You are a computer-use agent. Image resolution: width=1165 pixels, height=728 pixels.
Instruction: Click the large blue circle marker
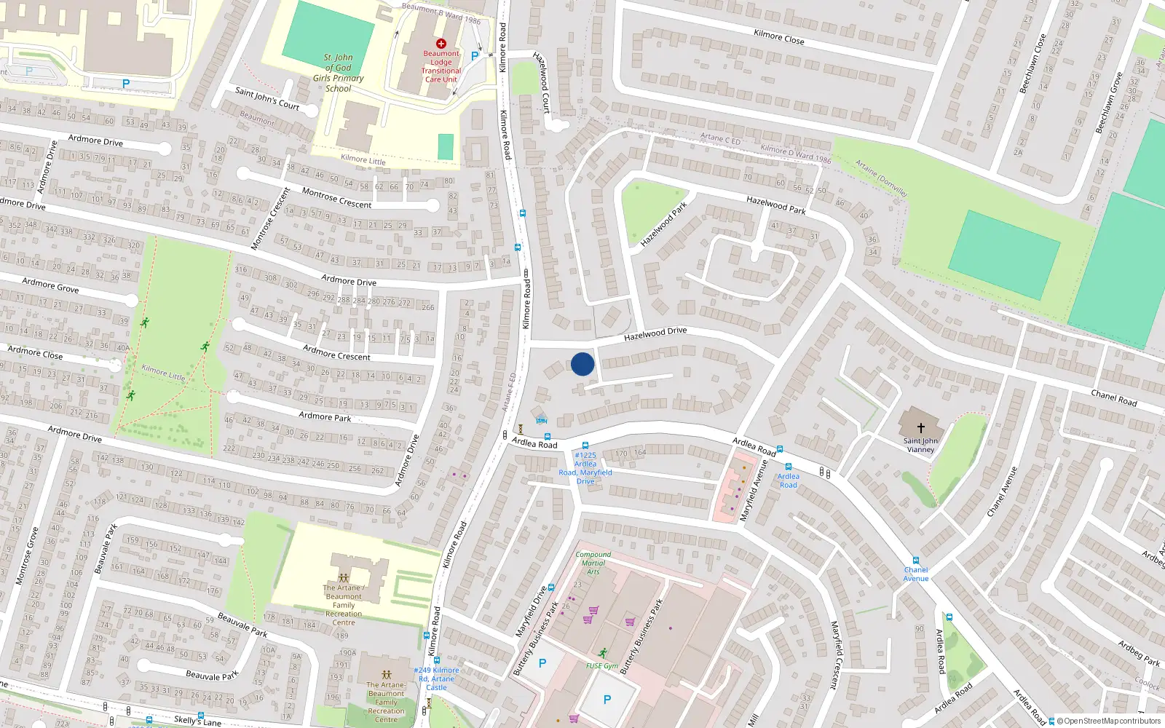click(x=582, y=364)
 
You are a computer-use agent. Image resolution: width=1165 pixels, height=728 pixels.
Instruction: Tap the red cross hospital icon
click(x=441, y=44)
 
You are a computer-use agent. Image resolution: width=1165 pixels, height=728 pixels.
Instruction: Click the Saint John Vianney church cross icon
click(x=920, y=428)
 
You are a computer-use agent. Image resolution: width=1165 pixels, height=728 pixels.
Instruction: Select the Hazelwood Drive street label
click(x=655, y=333)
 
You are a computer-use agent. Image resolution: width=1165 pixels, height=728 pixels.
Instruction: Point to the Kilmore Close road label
click(x=779, y=36)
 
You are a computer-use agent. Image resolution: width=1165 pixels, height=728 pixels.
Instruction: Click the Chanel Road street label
click(x=1113, y=397)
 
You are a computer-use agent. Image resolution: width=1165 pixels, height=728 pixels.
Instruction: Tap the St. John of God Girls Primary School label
click(x=339, y=73)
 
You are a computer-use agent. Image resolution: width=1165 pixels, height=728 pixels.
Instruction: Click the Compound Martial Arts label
click(x=593, y=563)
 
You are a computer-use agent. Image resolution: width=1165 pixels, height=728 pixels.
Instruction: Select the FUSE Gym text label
click(x=602, y=665)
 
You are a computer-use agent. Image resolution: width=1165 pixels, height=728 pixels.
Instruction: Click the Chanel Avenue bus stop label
click(x=916, y=574)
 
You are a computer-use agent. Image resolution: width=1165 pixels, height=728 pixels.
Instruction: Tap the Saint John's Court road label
click(x=267, y=98)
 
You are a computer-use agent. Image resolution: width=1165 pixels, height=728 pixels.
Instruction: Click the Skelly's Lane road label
click(x=197, y=721)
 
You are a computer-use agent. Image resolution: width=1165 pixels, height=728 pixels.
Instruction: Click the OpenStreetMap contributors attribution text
click(x=1112, y=721)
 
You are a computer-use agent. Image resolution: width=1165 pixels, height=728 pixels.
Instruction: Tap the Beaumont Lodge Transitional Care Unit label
click(x=441, y=66)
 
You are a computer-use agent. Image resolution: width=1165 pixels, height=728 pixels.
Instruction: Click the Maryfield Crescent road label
click(x=839, y=655)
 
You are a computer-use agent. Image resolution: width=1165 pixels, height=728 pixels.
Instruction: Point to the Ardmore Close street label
click(x=35, y=353)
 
